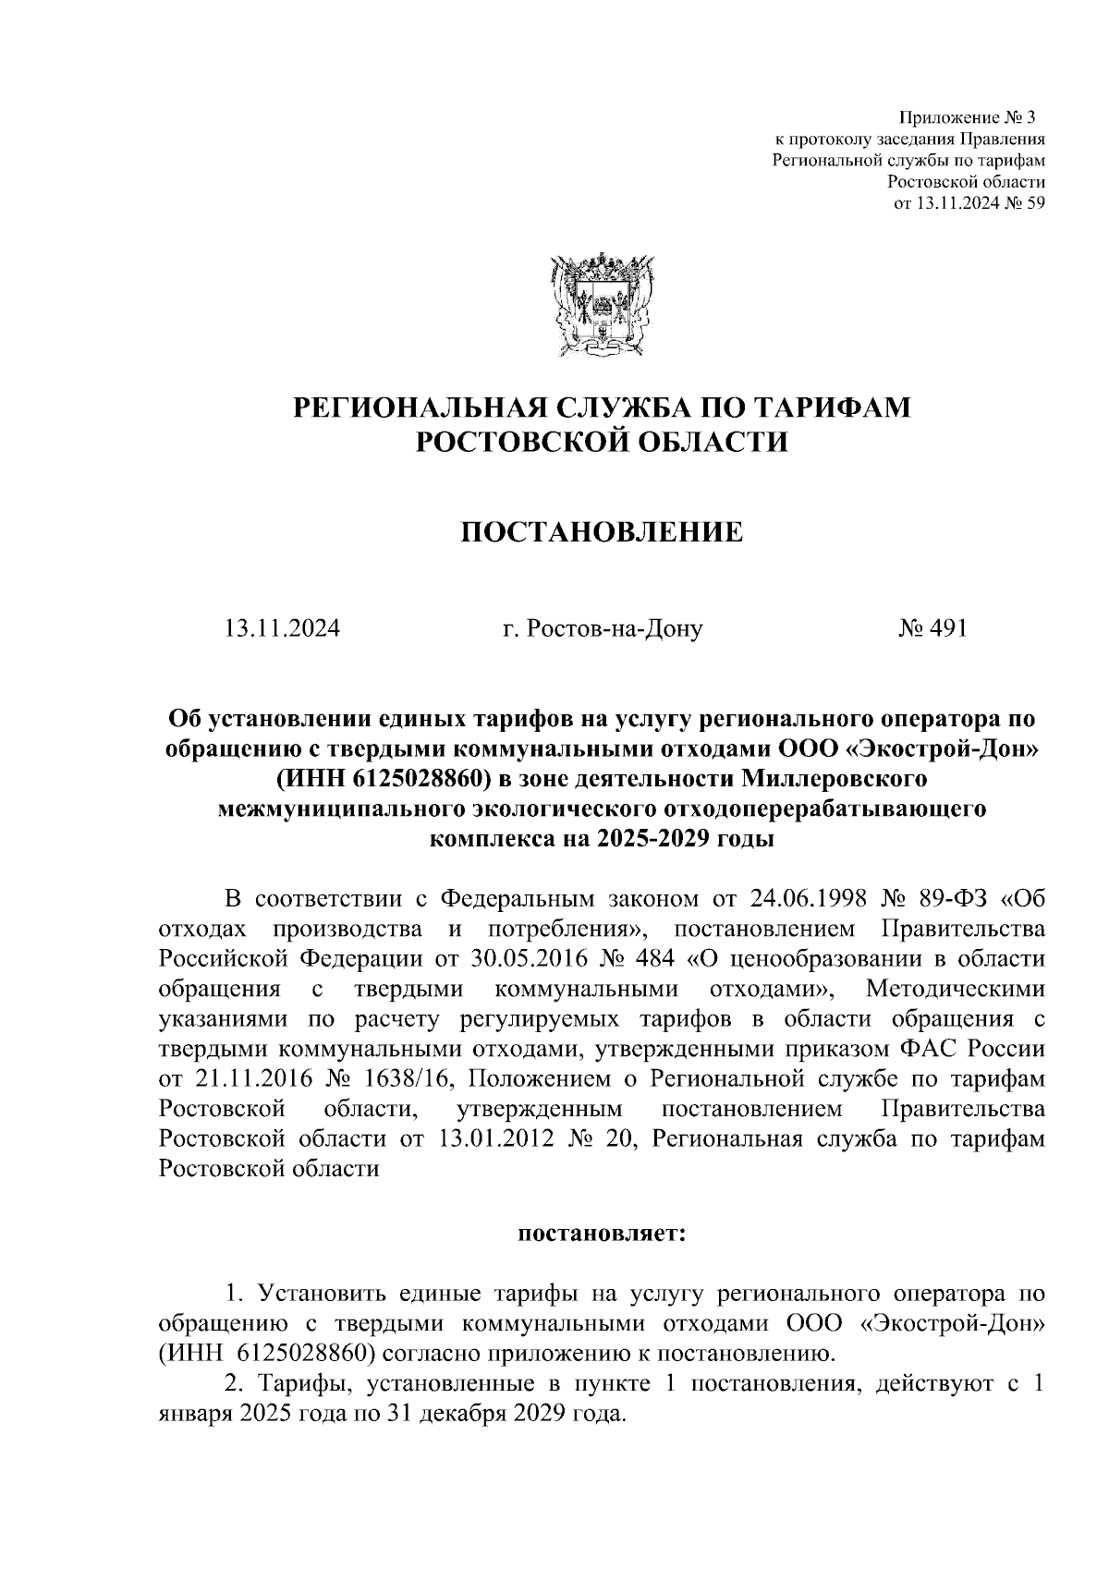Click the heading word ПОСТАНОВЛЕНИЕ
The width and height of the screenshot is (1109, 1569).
pyautogui.click(x=602, y=532)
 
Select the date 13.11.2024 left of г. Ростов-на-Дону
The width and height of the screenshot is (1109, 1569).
pyautogui.click(x=282, y=629)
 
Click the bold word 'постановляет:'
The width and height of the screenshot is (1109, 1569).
pyautogui.click(x=602, y=1233)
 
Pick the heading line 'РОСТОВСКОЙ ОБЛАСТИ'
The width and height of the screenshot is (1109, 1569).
pyautogui.click(x=602, y=442)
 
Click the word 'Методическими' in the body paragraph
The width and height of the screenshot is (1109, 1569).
pyautogui.click(x=956, y=989)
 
